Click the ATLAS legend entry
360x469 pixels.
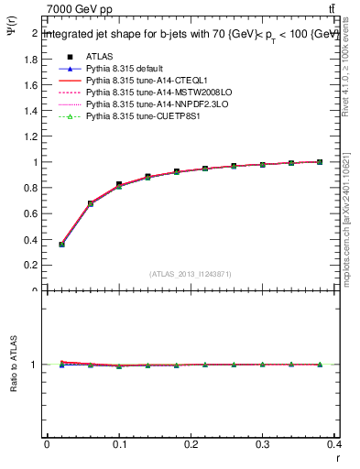99,56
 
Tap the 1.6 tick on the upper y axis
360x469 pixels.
34,85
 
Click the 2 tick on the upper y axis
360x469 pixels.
38,33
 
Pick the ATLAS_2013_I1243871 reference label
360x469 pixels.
191,274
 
